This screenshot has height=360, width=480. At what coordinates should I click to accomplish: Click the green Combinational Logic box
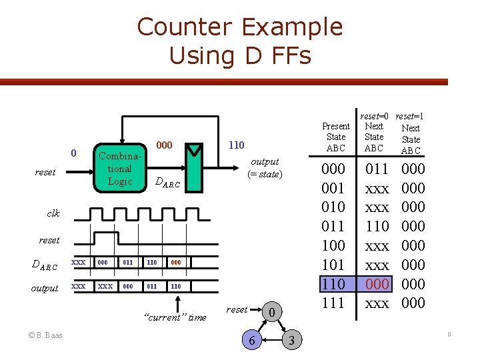click(x=119, y=169)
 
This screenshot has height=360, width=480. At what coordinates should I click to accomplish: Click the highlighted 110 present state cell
click(x=333, y=284)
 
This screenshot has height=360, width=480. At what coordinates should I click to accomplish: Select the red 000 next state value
click(x=377, y=284)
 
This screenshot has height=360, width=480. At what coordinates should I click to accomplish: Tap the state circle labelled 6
click(x=251, y=341)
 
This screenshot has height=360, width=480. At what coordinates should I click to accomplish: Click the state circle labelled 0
click(x=271, y=311)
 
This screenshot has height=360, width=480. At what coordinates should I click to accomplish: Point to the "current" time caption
click(x=175, y=317)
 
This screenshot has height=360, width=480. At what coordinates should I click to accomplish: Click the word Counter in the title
click(x=185, y=27)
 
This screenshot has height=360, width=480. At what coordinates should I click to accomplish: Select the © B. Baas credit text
click(x=45, y=335)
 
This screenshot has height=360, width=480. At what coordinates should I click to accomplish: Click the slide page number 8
click(x=449, y=334)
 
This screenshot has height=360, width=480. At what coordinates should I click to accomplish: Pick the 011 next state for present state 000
click(x=377, y=168)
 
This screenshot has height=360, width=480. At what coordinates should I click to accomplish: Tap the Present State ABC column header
click(x=335, y=137)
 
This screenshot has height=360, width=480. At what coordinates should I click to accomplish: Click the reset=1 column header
click(x=410, y=117)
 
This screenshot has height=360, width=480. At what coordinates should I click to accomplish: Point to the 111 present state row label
click(x=333, y=303)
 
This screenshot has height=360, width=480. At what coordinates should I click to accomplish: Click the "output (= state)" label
click(x=265, y=168)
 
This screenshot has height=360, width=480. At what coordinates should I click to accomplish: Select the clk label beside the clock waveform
click(x=53, y=214)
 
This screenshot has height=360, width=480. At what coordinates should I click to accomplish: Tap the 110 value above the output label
click(x=236, y=145)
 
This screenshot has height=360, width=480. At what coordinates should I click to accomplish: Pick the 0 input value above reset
click(x=75, y=155)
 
